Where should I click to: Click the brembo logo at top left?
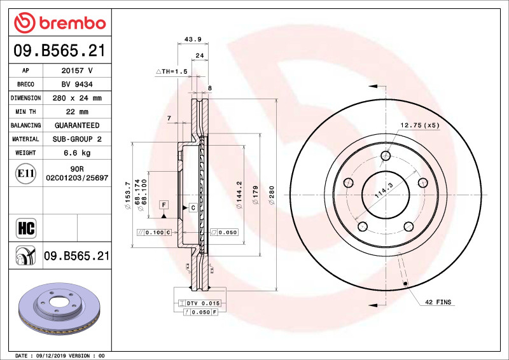[59, 24]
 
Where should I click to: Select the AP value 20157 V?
[77, 71]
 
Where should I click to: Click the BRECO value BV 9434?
[77, 85]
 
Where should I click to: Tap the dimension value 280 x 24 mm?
[77, 98]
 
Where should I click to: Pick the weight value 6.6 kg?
[77, 153]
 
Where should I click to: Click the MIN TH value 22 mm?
[77, 112]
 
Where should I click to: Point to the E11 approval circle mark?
[26, 172]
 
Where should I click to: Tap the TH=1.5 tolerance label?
[172, 72]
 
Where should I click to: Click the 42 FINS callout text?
[438, 302]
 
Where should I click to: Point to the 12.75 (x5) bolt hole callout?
[420, 125]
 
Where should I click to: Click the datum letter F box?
[164, 205]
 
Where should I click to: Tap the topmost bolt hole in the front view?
[386, 156]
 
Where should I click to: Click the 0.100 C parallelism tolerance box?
[154, 233]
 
